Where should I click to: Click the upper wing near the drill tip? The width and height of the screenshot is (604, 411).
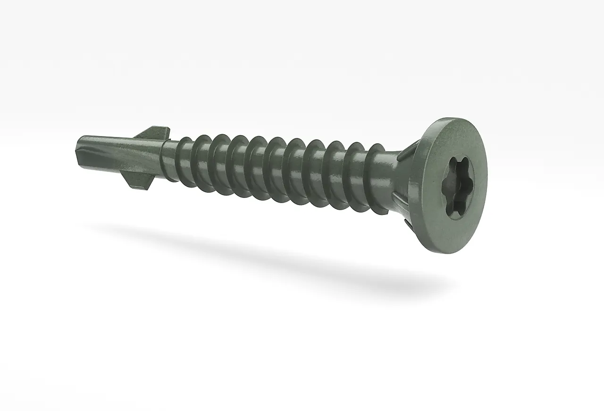pos(153,132)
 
